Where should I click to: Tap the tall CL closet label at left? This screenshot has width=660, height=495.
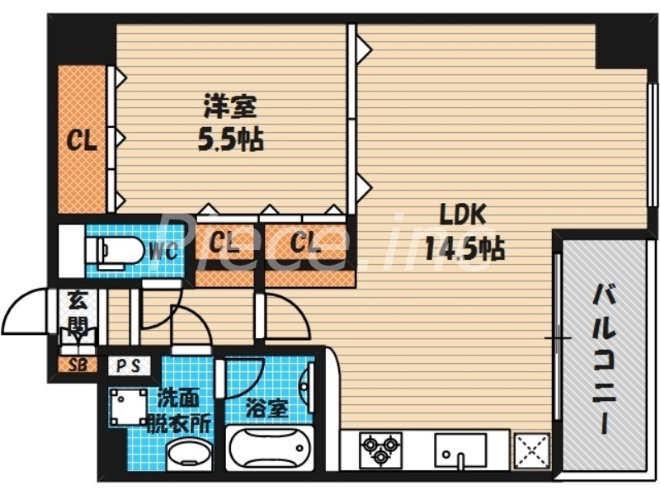pyautogui.click(x=82, y=140)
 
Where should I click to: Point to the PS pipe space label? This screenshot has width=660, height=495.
pyautogui.click(x=128, y=365)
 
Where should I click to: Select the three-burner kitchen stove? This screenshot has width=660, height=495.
pyautogui.click(x=380, y=450)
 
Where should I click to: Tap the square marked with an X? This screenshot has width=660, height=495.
pyautogui.click(x=532, y=451)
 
